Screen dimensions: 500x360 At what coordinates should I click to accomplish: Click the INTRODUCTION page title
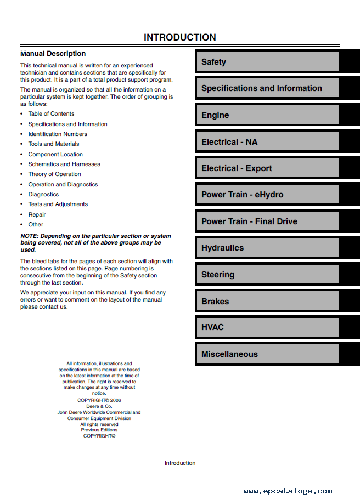pyautogui.click(x=179, y=37)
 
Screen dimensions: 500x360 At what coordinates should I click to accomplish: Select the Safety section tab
pyautogui.click(x=267, y=62)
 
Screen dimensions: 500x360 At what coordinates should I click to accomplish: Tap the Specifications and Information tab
pyautogui.click(x=267, y=88)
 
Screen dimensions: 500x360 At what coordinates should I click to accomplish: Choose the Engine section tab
pyautogui.click(x=267, y=115)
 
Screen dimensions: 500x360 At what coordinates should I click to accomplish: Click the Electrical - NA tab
pyautogui.click(x=267, y=142)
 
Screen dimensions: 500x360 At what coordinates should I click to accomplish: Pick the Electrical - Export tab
pyautogui.click(x=267, y=168)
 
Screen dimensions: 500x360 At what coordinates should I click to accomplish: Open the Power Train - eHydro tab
pyautogui.click(x=267, y=195)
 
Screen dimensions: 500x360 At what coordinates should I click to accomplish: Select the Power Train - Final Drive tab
pyautogui.click(x=267, y=221)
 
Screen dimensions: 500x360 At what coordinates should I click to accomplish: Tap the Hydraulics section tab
pyautogui.click(x=267, y=248)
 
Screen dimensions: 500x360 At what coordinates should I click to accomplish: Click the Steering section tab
pyautogui.click(x=267, y=275)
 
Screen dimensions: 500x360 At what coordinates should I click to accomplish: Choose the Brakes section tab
pyautogui.click(x=267, y=302)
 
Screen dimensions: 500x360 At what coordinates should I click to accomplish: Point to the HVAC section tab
pyautogui.click(x=267, y=327)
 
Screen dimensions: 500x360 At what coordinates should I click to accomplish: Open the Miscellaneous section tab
pyautogui.click(x=267, y=354)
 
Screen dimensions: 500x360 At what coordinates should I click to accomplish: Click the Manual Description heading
pyautogui.click(x=53, y=54)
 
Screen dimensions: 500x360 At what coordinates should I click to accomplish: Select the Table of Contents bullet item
pyautogui.click(x=51, y=113)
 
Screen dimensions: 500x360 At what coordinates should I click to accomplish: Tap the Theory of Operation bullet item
pyautogui.click(x=54, y=174)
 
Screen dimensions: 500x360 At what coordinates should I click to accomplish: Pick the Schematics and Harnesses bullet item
pyautogui.click(x=64, y=164)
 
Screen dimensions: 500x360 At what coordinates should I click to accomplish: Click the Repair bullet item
pyautogui.click(x=37, y=214)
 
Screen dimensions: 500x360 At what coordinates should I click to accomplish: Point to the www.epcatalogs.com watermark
pyautogui.click(x=288, y=491)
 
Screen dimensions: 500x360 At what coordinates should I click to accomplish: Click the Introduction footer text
pyautogui.click(x=180, y=463)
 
